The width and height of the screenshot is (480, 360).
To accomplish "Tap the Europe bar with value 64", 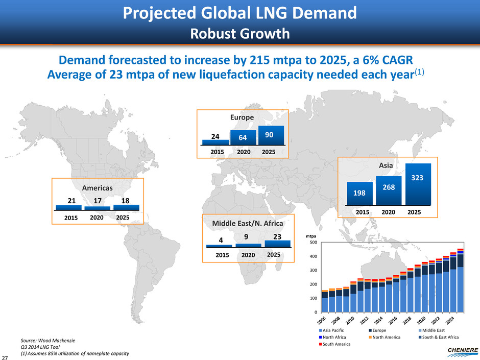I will click(243, 138).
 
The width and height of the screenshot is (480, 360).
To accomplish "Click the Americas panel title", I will click(97, 187).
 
